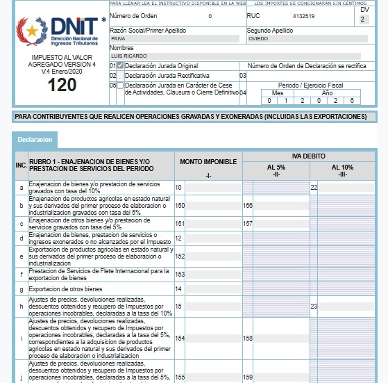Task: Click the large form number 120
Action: [x=62, y=85]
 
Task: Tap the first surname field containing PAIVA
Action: [x=176, y=39]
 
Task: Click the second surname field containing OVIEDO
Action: [x=304, y=39]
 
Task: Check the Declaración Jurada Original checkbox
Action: [x=121, y=65]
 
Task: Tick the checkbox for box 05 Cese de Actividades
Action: [x=121, y=85]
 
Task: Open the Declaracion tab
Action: [x=35, y=140]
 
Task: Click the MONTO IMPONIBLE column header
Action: [x=208, y=161]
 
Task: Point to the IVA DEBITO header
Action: [x=309, y=156]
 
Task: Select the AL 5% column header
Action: [x=276, y=168]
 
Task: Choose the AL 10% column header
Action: [x=342, y=168]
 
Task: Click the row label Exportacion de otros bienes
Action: [x=65, y=288]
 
